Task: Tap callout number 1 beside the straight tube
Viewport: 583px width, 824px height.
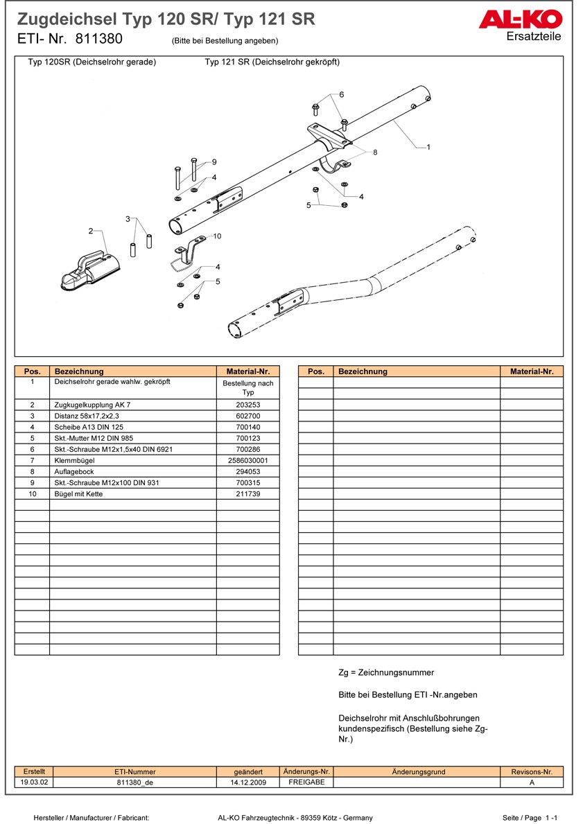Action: point(428,147)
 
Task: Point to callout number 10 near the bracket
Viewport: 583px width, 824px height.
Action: point(217,236)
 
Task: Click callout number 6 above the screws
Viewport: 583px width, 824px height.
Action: point(341,94)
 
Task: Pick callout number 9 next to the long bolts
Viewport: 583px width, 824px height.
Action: point(214,161)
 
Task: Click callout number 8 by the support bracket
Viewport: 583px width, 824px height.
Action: point(375,152)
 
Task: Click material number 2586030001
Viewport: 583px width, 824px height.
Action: point(247,460)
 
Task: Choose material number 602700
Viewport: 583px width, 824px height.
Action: point(247,416)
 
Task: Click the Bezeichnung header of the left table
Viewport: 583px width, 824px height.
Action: point(79,371)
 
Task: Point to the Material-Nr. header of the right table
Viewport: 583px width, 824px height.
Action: point(532,371)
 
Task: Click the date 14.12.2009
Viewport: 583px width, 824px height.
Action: point(248,782)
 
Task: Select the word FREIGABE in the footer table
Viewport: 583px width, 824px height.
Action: point(306,782)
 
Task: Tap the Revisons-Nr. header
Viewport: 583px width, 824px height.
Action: point(532,771)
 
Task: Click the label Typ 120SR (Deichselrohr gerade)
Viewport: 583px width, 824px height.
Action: point(92,62)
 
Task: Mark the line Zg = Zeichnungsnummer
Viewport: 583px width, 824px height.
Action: point(386,672)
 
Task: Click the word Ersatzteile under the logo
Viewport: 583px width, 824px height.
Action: point(534,37)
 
